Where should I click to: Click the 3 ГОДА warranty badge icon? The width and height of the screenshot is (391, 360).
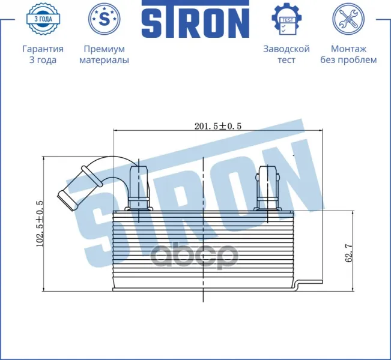[43, 19]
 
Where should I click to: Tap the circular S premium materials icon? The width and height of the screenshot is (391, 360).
[105, 19]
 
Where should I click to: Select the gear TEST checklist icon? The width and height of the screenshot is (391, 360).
[286, 19]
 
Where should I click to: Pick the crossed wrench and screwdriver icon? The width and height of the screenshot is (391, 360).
[348, 19]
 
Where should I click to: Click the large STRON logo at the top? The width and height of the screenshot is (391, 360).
[196, 19]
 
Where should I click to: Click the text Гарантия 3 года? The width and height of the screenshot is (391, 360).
[43, 55]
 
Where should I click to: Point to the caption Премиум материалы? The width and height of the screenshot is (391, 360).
[105, 55]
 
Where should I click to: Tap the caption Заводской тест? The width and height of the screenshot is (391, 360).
[286, 55]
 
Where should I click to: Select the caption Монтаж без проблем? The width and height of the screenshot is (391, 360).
[348, 55]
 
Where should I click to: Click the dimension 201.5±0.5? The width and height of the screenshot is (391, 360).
[218, 126]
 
